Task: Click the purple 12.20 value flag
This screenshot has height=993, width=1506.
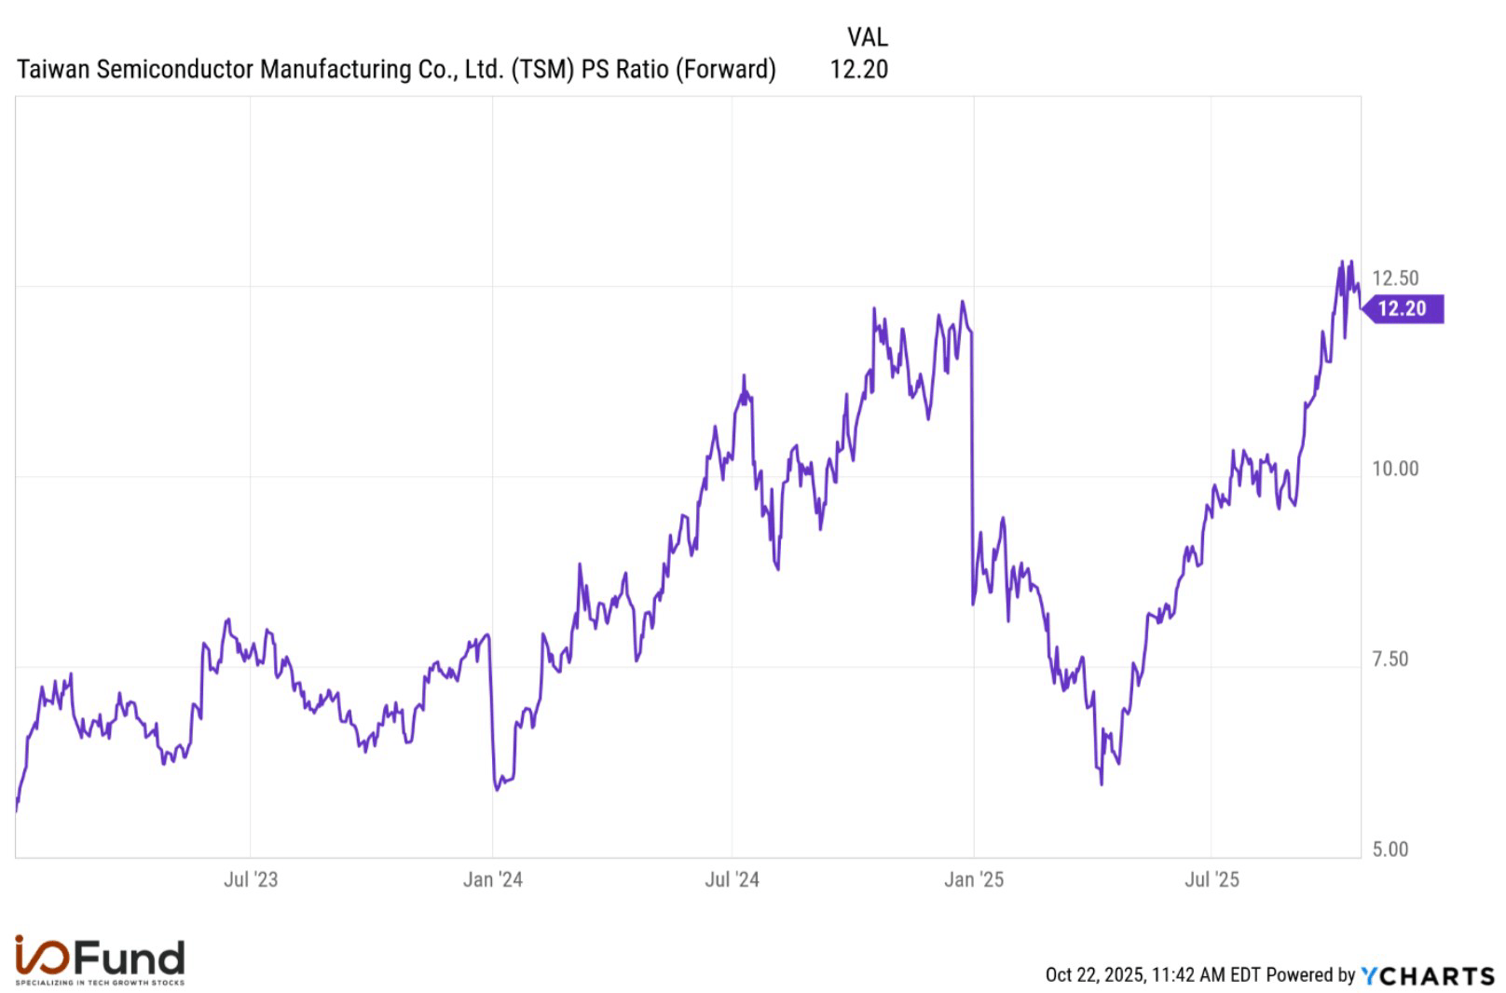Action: [1403, 308]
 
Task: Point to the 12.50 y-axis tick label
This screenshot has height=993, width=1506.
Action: [1395, 278]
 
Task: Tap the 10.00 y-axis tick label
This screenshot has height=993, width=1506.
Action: [1395, 469]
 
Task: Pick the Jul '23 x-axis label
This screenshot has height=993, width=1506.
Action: [251, 879]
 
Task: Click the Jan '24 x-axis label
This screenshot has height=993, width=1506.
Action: [493, 879]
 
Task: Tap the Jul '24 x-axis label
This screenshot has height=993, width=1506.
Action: [732, 879]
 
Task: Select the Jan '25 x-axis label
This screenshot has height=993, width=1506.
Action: [974, 879]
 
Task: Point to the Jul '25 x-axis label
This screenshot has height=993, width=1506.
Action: [1212, 879]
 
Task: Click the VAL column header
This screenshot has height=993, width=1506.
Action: [867, 37]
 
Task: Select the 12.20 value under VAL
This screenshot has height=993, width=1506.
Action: [858, 69]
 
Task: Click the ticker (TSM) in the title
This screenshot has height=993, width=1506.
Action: [542, 69]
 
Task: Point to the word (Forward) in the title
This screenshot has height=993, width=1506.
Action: [725, 69]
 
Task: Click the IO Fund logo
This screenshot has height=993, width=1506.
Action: [100, 960]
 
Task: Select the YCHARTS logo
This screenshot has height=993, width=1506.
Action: [1427, 975]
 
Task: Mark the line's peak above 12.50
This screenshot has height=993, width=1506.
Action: [1343, 262]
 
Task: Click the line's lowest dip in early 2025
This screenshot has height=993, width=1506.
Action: [1102, 783]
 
